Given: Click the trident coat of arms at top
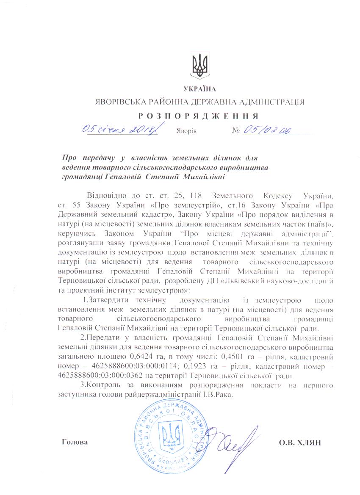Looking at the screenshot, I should pos(199,65).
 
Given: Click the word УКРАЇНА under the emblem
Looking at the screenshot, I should pos(200,89).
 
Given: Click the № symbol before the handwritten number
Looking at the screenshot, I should pos(236,130).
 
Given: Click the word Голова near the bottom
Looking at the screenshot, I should pos(75,442).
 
